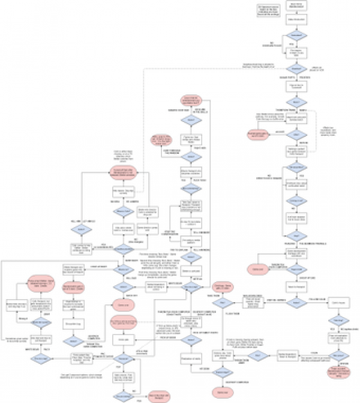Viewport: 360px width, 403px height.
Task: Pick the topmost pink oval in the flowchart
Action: [x=191, y=101]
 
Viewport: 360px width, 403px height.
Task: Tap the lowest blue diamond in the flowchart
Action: [x=123, y=396]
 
